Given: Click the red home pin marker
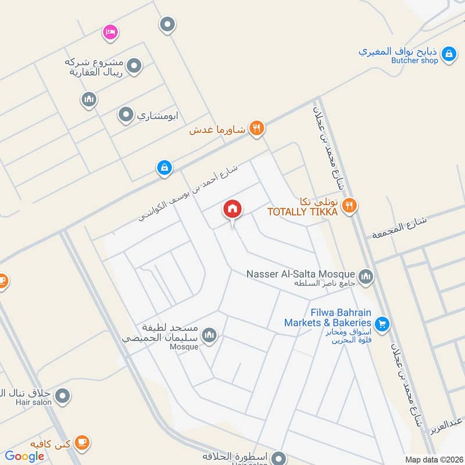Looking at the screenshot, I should click(233, 210).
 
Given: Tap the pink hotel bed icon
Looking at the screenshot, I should click(110, 31).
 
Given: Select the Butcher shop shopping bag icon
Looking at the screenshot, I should click(448, 55).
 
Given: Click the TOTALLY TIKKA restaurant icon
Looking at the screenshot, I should click(349, 205).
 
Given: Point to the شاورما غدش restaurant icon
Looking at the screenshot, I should click(256, 128).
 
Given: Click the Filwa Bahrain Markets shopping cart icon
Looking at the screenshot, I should click(382, 323).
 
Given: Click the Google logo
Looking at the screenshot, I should click(25, 456).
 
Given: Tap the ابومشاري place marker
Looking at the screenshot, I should click(126, 115).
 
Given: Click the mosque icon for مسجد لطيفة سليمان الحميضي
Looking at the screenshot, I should click(209, 335).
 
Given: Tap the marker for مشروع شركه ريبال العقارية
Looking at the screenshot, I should click(134, 66).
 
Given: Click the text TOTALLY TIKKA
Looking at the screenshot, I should click(302, 212).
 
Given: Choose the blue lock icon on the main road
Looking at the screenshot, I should click(164, 169).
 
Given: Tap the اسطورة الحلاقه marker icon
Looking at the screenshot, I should click(280, 457).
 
